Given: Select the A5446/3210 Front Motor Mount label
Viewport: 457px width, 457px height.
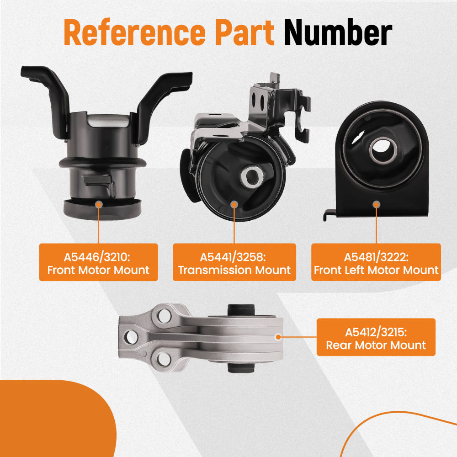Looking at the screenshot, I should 98,262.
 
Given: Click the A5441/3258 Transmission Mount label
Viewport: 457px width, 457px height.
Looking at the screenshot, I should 234,262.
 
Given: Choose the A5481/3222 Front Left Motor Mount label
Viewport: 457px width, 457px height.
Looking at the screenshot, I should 376,262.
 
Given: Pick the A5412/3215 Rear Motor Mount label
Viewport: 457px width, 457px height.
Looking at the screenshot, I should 376,337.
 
